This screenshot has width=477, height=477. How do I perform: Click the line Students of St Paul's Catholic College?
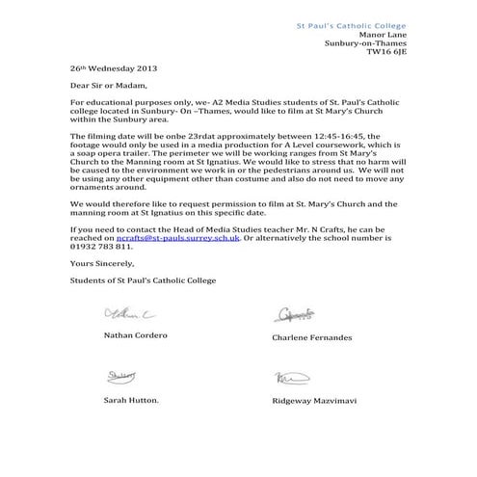pyautogui.click(x=144, y=279)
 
